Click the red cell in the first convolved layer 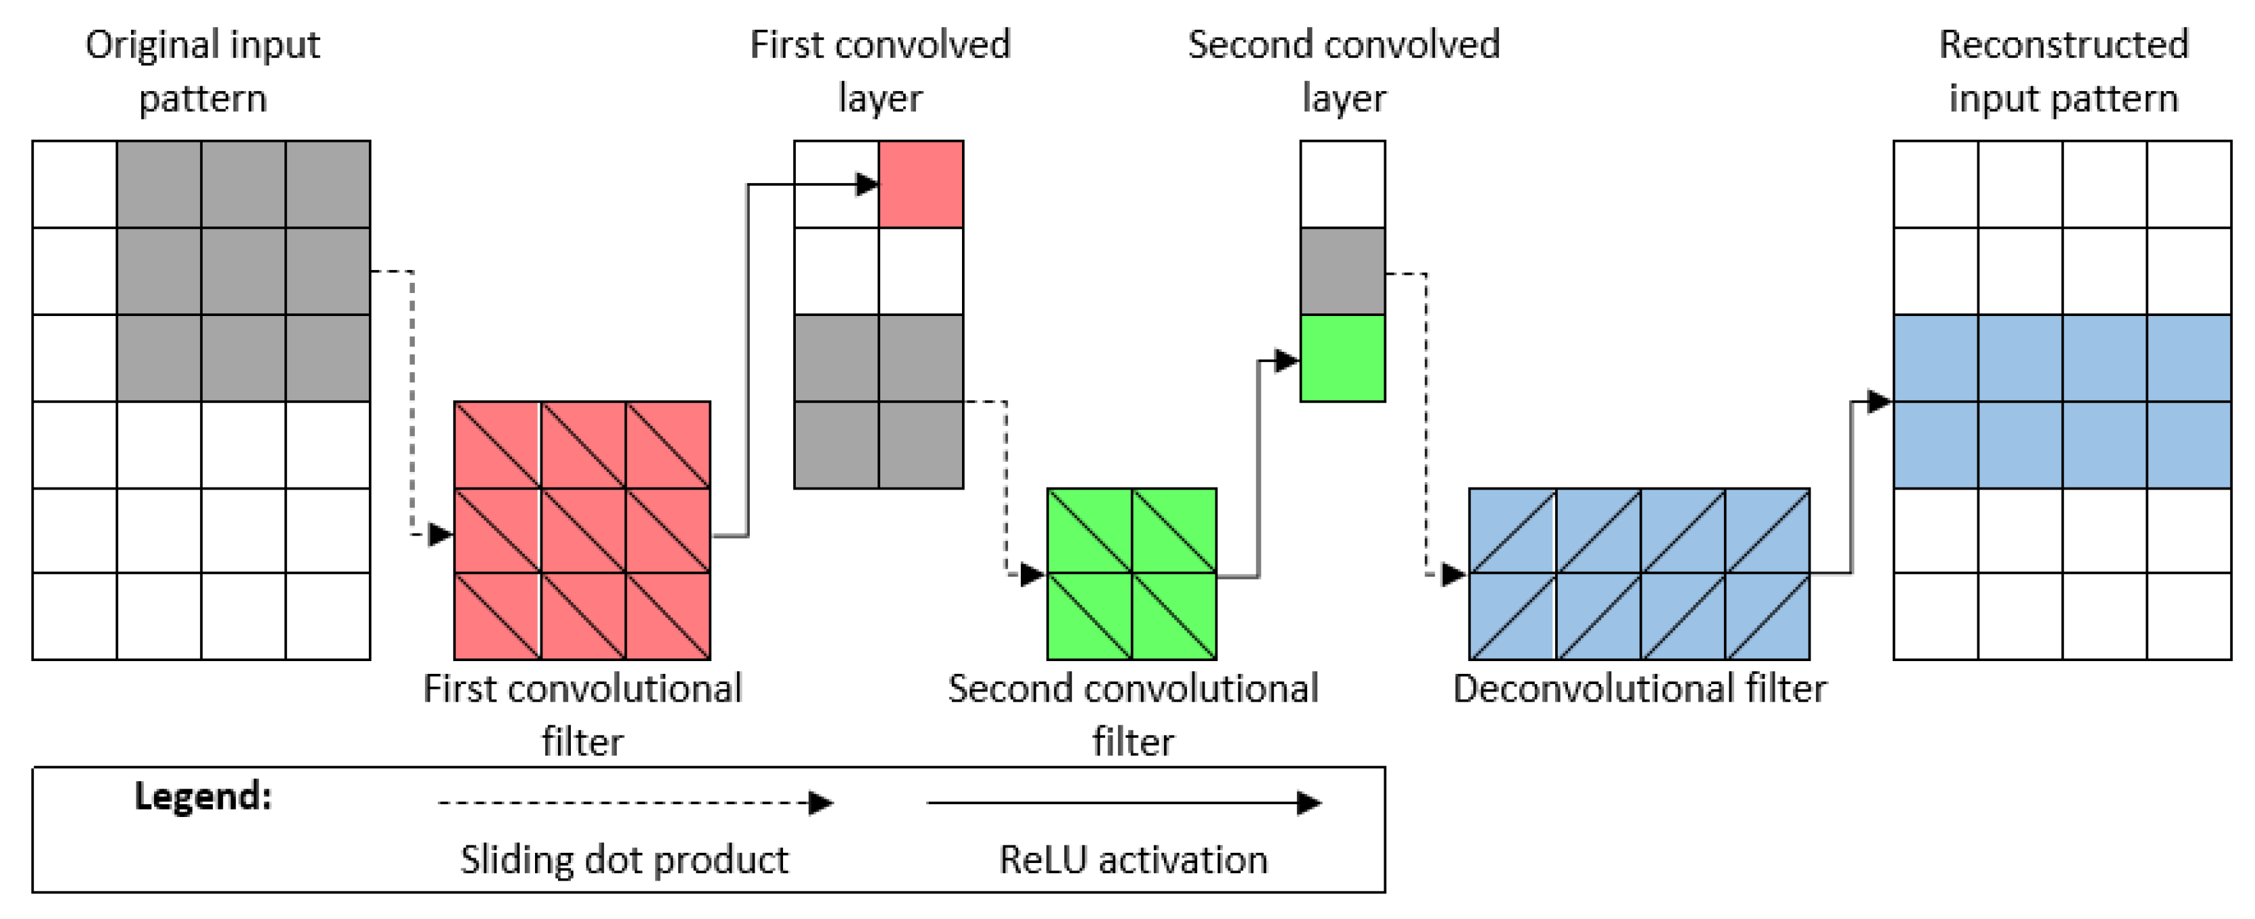(x=921, y=184)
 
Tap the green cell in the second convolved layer (x=1342, y=358)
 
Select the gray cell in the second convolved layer (x=1342, y=271)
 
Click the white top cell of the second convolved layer (x=1342, y=184)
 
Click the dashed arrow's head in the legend (x=820, y=803)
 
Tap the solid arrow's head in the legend (x=1309, y=803)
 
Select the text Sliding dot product (x=624, y=860)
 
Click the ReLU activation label (x=1133, y=860)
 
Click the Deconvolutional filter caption (x=1639, y=689)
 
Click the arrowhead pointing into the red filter (x=440, y=534)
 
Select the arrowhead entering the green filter (x=1033, y=575)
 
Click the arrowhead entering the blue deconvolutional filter (x=1454, y=575)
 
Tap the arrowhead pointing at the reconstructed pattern (x=1879, y=402)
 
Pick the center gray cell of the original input (x=243, y=271)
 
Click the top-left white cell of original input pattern (x=74, y=184)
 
